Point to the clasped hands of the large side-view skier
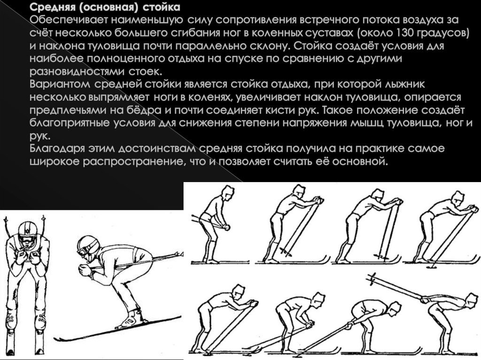85,270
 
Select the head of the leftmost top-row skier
228,192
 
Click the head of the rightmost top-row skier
458,198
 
